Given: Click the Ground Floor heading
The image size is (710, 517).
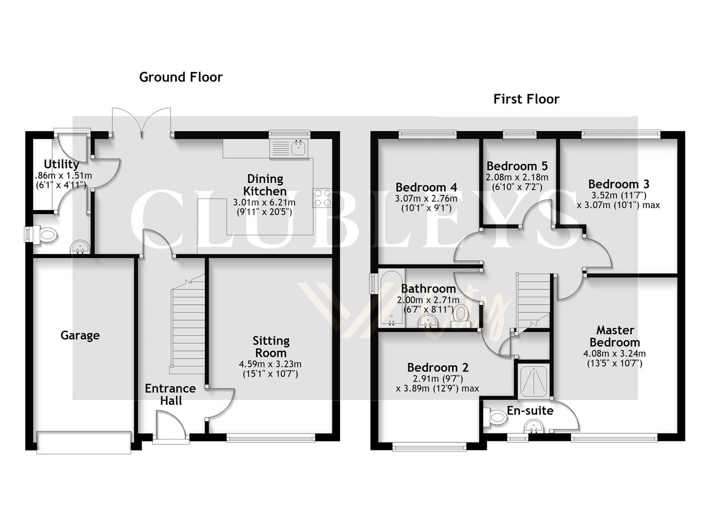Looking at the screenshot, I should coord(180,77).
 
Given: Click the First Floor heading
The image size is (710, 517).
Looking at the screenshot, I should coord(526,99).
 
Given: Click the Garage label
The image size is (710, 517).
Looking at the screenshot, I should coord(80,335).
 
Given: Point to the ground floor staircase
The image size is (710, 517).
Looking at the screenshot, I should coord(188,326).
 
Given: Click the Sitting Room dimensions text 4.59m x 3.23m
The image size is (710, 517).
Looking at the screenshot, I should coord(270,364).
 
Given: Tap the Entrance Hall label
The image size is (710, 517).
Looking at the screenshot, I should coord(170,394).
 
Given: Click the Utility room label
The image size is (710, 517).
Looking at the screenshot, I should coord(61,164).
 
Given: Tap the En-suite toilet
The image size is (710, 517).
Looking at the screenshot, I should coord(496,417).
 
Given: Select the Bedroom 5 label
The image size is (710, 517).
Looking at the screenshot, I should coord(517,166).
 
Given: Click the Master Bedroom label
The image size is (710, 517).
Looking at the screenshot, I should coord(615,336).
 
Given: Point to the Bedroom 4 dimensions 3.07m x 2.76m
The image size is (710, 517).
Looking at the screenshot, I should coord(426,199).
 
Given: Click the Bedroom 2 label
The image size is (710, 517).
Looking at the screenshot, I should coord(438,368).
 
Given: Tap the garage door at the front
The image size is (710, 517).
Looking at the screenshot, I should coord(84,442).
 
